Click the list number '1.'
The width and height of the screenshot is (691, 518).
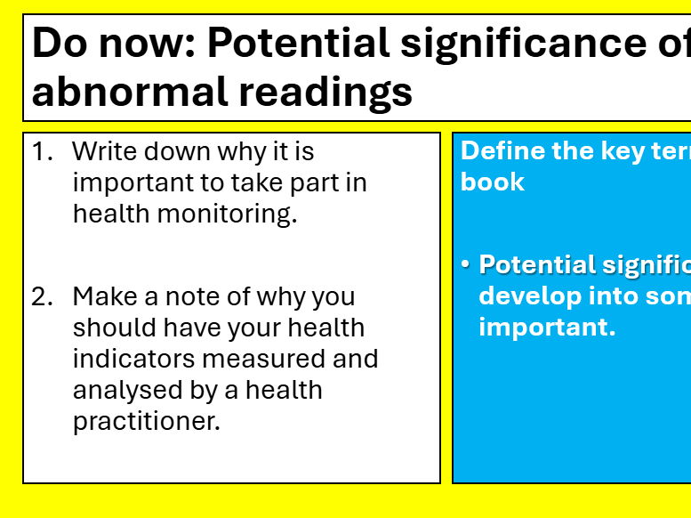(x=43, y=151)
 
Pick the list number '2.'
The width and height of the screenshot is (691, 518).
(x=43, y=296)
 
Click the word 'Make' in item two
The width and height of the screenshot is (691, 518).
(x=105, y=296)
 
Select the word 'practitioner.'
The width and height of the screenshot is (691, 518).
(x=146, y=421)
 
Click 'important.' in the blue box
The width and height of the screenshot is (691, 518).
(x=547, y=328)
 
